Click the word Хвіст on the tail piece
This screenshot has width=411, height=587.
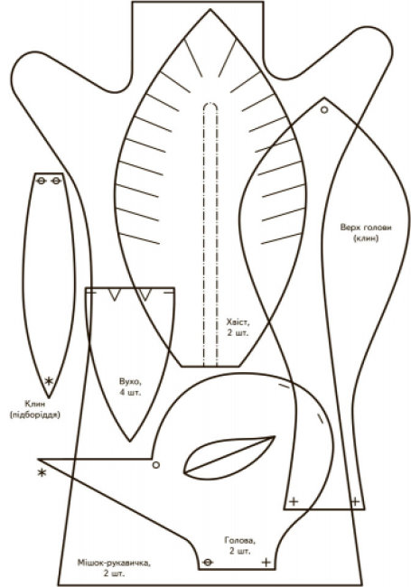238,321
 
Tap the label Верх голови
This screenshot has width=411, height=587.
366,228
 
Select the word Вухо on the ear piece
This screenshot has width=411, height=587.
130,382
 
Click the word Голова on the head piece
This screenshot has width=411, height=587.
240,540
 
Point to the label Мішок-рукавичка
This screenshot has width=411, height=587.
114,563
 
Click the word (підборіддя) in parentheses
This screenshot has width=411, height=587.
35,415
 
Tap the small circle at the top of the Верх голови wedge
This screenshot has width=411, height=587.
324,109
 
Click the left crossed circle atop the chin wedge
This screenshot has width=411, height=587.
42,182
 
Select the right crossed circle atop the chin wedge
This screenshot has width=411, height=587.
56,182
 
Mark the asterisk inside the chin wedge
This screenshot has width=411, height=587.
49,381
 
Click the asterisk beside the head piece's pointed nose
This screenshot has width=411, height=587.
42,472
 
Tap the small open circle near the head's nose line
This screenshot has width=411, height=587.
156,465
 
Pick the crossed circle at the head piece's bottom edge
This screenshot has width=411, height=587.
208,562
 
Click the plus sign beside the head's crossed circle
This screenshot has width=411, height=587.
266,562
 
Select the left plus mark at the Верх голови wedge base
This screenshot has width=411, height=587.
294,501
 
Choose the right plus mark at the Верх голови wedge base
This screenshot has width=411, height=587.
355,501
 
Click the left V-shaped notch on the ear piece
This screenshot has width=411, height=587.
114,293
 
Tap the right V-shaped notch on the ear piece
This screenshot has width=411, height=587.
145,293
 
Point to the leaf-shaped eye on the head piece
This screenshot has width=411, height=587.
229,457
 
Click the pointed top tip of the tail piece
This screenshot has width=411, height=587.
210,9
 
